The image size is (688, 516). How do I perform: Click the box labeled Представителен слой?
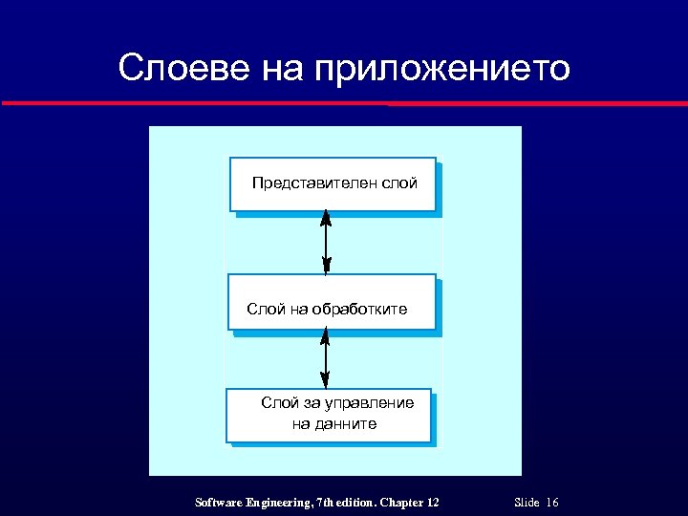[333, 183]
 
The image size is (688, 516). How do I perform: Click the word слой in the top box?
[399, 182]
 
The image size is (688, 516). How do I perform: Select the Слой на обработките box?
[332, 302]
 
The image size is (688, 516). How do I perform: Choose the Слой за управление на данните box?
[329, 415]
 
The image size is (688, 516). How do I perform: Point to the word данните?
[347, 423]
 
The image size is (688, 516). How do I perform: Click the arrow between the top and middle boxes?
[326, 243]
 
